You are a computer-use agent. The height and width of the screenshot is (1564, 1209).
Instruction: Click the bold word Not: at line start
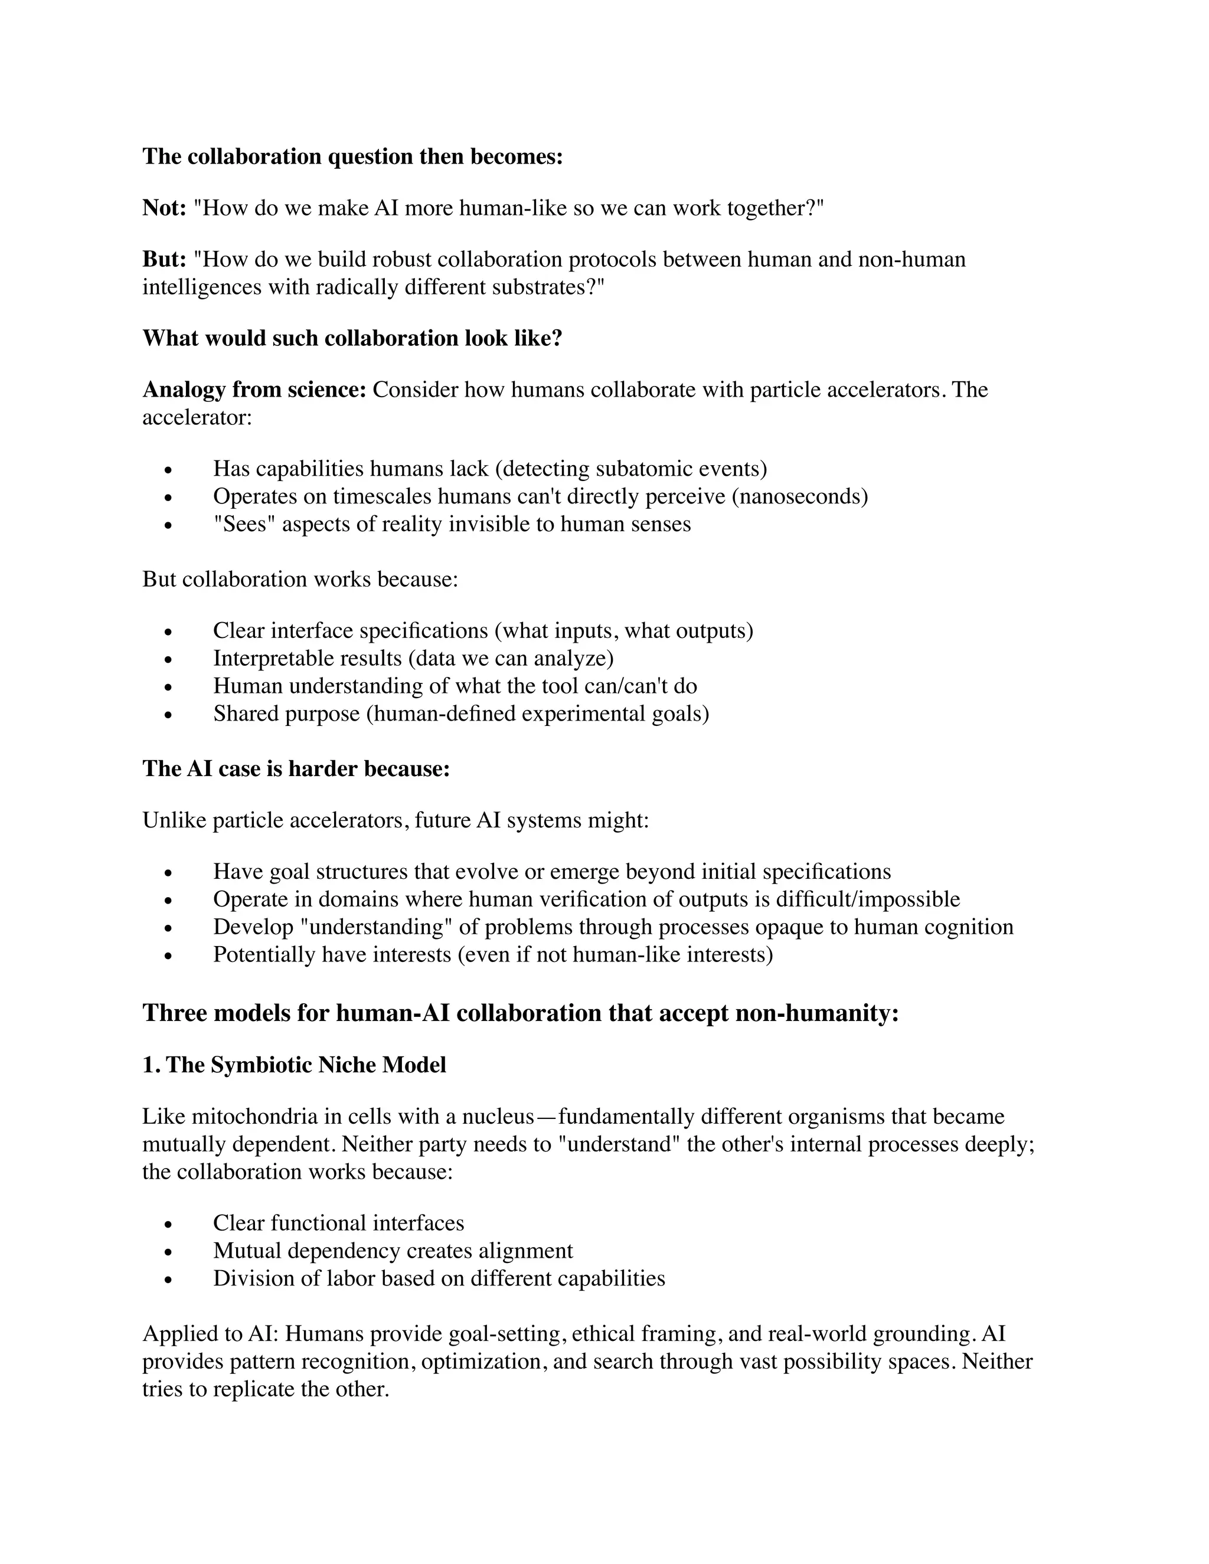[x=164, y=208]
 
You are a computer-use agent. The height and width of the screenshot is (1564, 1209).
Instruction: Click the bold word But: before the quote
[x=164, y=259]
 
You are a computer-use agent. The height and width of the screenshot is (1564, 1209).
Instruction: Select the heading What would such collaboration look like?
[x=352, y=338]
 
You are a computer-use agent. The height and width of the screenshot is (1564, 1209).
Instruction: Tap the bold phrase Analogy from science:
[x=254, y=390]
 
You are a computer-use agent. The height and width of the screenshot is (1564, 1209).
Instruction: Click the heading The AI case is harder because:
[x=296, y=768]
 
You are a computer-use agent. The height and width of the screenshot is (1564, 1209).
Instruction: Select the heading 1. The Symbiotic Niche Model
[x=293, y=1065]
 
